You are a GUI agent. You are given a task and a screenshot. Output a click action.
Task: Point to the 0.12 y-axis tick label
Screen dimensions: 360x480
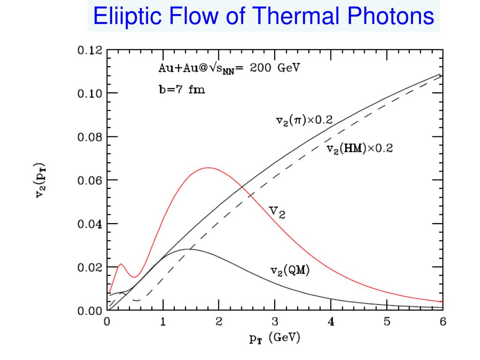[89, 51]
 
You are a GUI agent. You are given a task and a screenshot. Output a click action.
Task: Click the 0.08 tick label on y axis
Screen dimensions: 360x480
[89, 137]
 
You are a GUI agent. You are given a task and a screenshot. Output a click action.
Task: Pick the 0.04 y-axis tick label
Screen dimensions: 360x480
[89, 224]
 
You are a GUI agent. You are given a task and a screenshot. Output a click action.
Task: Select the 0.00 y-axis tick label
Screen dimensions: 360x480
[89, 311]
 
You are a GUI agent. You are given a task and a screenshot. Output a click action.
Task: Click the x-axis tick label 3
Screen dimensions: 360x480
[275, 322]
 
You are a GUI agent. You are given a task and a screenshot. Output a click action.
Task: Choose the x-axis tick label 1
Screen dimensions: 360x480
[163, 322]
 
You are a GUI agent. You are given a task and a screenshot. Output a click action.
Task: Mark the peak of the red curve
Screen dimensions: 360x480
[208, 168]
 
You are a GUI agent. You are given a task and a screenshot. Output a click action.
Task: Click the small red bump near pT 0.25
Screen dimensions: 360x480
[120, 264]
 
